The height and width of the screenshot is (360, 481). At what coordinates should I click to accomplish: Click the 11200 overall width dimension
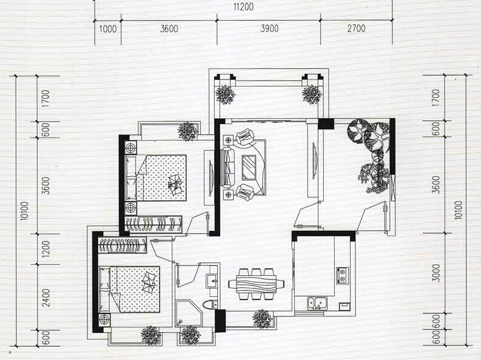tap(244, 7)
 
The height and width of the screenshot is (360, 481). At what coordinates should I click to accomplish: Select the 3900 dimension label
tap(269, 28)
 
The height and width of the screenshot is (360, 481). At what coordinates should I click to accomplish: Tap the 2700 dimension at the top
tap(356, 28)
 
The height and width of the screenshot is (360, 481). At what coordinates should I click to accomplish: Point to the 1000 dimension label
tap(108, 29)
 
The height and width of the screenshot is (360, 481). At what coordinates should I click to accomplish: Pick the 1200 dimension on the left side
tap(45, 248)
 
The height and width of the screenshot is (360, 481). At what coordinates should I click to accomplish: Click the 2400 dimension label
tap(45, 298)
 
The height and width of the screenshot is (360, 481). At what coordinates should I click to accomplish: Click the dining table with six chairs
tap(256, 284)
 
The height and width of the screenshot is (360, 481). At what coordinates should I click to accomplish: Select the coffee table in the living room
tap(249, 167)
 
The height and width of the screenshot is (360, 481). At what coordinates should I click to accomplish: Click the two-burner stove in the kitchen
tap(342, 275)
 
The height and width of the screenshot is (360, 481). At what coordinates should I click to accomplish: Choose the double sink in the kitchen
tap(317, 303)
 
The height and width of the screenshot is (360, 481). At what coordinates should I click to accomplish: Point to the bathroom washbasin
tap(212, 281)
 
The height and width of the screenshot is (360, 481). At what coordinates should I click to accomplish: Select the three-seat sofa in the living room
tap(227, 167)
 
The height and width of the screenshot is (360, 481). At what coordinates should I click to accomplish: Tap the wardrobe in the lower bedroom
tap(123, 245)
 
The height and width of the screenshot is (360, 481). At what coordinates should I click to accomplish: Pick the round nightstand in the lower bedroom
tap(104, 319)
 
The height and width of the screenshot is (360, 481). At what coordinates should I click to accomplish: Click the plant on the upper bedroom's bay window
tap(187, 131)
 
